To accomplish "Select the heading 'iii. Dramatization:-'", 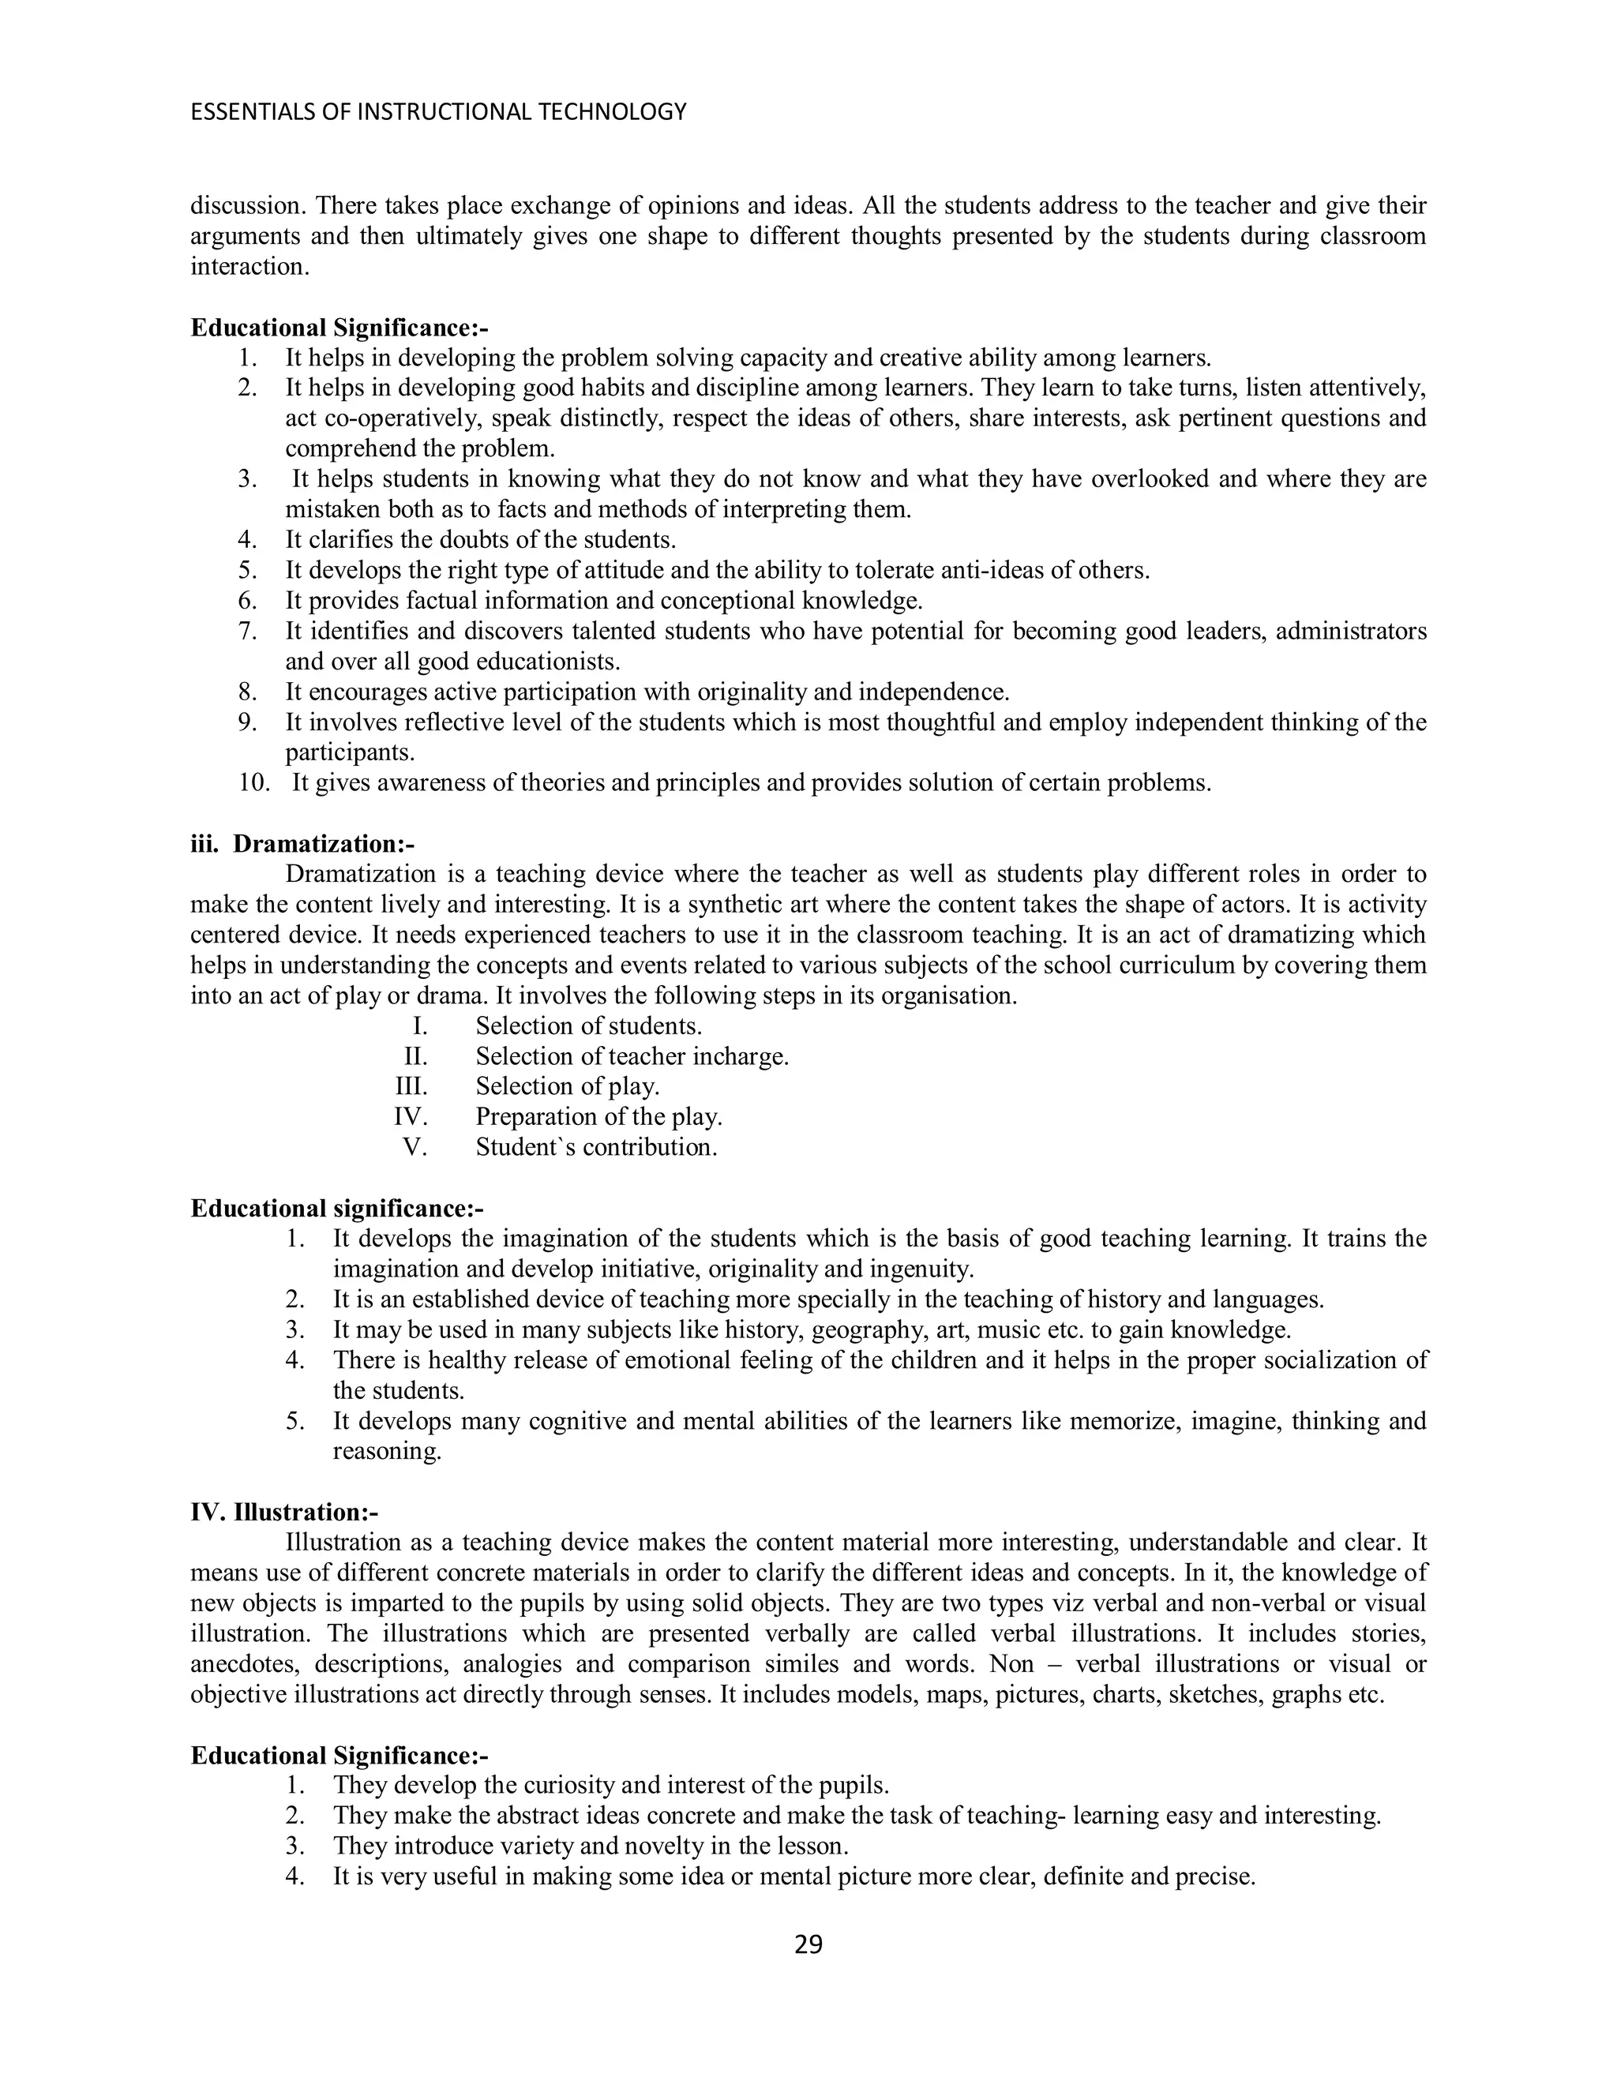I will (302, 844).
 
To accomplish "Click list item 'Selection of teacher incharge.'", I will (632, 1056).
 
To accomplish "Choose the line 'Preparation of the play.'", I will (598, 1117).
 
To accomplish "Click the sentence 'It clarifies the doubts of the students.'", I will (481, 540).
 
